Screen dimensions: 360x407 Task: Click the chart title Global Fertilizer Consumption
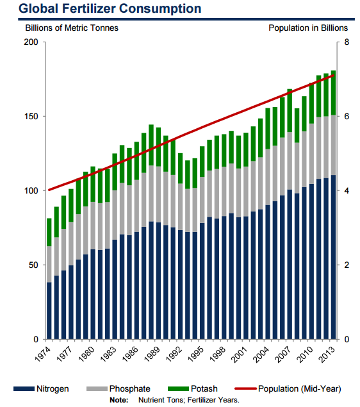[x=110, y=8]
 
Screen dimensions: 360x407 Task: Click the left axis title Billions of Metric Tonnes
[x=72, y=28]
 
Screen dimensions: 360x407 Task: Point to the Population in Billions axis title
[x=308, y=28]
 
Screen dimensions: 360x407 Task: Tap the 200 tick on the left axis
[x=31, y=42]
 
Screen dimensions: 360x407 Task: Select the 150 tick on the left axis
[x=31, y=116]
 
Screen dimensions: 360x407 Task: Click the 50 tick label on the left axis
[x=33, y=265]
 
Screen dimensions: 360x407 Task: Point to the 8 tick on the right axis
[x=347, y=42]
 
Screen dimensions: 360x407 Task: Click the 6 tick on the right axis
[x=347, y=116]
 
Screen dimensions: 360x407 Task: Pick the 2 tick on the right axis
[x=347, y=265]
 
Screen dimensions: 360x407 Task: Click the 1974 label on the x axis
[x=43, y=354]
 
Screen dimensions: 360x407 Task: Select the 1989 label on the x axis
[x=152, y=354]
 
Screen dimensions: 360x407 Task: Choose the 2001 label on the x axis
[x=239, y=354]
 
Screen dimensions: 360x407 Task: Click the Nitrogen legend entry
[x=41, y=388]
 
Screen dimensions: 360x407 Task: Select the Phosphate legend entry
[x=119, y=388]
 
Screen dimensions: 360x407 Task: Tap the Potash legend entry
[x=193, y=388]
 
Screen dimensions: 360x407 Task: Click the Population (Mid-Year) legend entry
[x=288, y=388]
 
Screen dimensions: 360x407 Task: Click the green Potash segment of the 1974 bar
[x=49, y=232]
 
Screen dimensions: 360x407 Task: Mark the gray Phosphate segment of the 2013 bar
[x=333, y=145]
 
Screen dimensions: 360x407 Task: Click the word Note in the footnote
[x=119, y=400]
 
